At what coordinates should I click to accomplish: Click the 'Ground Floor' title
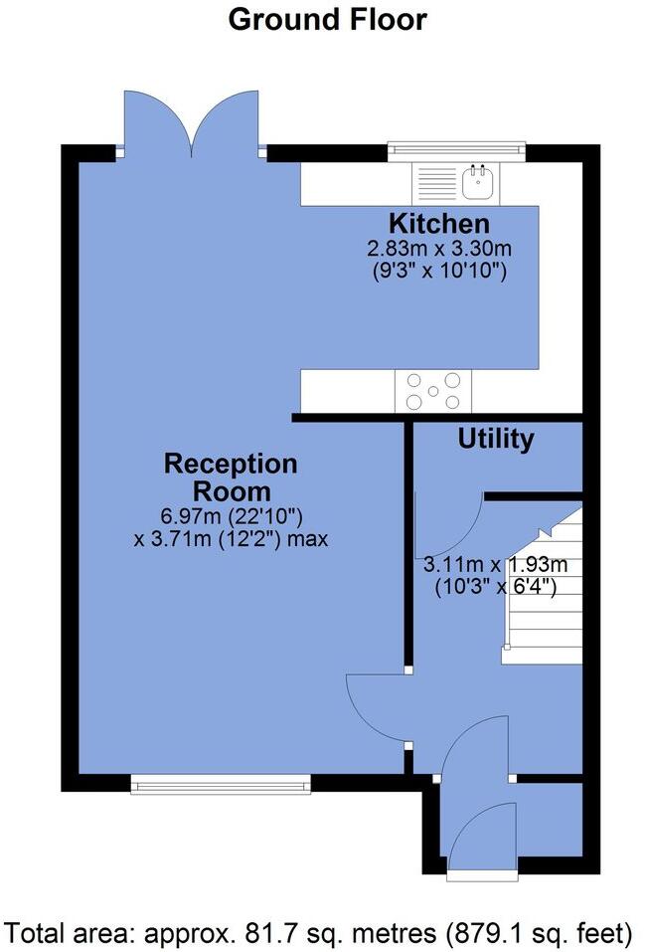point(327,19)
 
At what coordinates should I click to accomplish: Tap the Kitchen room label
point(438,223)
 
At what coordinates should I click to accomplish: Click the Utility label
point(495,439)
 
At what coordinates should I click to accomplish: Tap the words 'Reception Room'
point(231,477)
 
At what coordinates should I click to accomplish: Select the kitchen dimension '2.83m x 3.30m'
point(438,248)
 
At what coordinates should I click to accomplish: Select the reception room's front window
point(221,786)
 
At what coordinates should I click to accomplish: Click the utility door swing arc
point(452,527)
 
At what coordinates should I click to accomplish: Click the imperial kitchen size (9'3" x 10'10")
point(438,270)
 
